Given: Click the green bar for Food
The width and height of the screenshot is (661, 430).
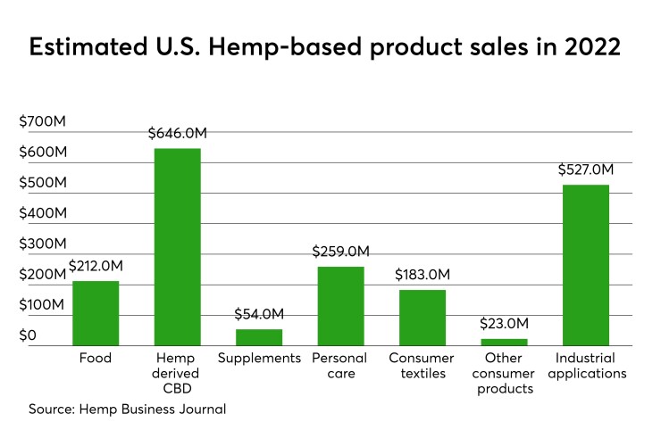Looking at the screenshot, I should [96, 313].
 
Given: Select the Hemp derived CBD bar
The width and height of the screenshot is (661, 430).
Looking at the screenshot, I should [177, 247].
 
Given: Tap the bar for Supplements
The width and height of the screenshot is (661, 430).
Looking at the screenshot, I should [259, 337].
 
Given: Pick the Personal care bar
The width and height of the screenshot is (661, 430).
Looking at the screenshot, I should [340, 306].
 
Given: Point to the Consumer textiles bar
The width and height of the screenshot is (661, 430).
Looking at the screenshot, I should [422, 318].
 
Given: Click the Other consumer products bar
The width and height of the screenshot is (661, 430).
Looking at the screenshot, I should [504, 342].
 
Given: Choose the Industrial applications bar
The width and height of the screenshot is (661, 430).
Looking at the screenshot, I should [585, 265].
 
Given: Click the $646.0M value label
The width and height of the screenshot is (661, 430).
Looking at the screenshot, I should [177, 134].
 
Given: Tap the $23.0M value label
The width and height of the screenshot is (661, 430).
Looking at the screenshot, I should [504, 323].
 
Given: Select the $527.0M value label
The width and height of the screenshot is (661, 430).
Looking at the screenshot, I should [585, 170].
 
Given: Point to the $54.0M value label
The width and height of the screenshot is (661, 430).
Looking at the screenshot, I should [259, 314].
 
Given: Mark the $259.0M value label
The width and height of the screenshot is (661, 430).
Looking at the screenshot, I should [340, 252].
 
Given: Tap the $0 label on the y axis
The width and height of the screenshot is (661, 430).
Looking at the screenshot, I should [29, 335].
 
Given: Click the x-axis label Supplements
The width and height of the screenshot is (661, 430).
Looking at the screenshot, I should [259, 359].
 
